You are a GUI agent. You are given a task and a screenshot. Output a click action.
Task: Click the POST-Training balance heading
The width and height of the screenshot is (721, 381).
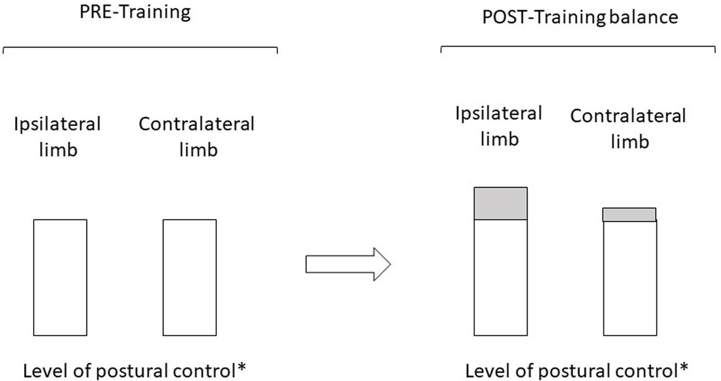[x=580, y=17]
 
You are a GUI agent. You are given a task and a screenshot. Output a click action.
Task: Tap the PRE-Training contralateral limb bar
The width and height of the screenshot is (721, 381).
[x=189, y=277]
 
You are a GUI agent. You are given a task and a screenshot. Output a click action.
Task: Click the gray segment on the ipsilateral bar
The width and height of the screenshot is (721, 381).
[x=500, y=203]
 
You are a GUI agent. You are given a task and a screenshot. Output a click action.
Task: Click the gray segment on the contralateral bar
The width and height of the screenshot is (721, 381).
[x=629, y=215]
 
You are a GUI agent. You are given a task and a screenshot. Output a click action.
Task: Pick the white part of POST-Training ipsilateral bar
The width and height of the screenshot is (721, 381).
[x=500, y=277]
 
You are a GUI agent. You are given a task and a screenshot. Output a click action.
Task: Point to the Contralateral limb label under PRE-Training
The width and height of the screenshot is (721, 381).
[x=196, y=136]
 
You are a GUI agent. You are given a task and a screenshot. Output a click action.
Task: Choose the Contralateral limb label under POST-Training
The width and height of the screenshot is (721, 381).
[x=628, y=128]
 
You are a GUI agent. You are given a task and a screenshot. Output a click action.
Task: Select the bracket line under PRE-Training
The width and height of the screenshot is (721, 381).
[x=140, y=48]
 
